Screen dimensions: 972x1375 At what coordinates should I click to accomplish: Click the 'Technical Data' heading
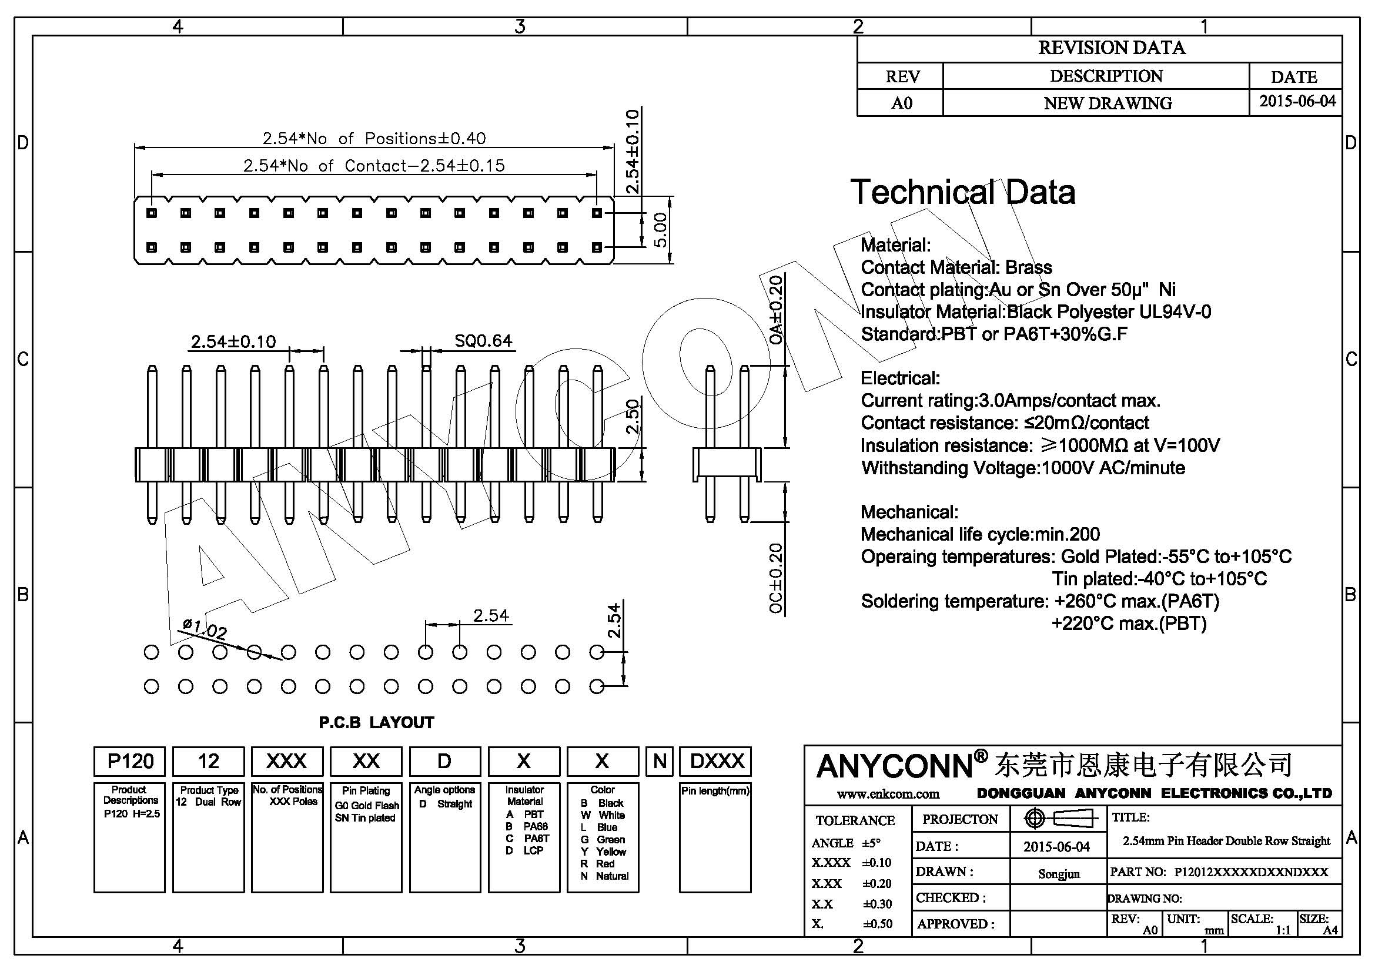(x=962, y=192)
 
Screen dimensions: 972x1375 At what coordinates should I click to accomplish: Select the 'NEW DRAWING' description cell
(x=1108, y=103)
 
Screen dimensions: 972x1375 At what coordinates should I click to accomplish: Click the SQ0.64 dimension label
(x=483, y=341)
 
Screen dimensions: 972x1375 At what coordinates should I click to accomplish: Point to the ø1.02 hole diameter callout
(x=204, y=629)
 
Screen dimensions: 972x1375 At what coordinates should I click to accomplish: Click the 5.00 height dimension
(x=660, y=230)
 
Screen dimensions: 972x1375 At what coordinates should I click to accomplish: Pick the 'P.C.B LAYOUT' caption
(x=376, y=722)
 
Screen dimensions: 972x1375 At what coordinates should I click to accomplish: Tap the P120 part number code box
(x=130, y=761)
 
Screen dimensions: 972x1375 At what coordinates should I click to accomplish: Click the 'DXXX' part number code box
(x=716, y=761)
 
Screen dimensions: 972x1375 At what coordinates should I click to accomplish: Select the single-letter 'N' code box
(x=660, y=761)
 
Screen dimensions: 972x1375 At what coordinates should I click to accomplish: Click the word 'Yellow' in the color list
(x=611, y=852)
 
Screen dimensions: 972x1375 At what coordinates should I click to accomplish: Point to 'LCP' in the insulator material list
(x=533, y=850)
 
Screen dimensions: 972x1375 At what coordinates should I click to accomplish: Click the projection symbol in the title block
(x=1058, y=818)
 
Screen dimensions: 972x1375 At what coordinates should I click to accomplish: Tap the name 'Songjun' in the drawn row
(x=1058, y=874)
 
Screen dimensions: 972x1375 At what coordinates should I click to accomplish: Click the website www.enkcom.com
(x=888, y=795)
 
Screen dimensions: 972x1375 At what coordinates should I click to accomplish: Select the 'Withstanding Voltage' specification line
(x=1023, y=467)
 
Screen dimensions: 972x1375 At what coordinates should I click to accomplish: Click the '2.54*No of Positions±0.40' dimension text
(x=374, y=138)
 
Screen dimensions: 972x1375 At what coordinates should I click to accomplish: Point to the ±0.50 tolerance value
(x=877, y=924)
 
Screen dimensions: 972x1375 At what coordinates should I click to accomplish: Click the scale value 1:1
(x=1283, y=930)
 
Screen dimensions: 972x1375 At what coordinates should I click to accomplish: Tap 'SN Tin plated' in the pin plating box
(x=365, y=817)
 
